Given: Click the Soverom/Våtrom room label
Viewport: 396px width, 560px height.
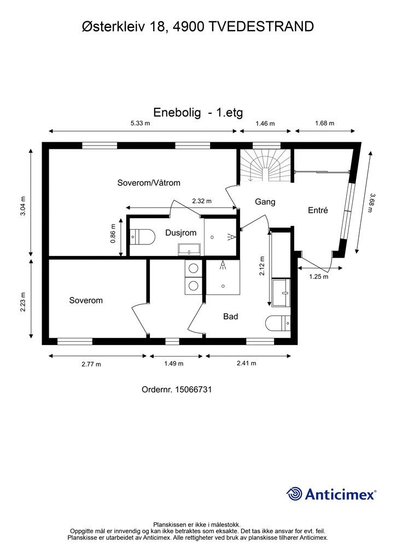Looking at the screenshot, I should (x=149, y=183).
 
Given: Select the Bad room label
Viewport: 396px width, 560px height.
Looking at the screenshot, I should (x=230, y=316).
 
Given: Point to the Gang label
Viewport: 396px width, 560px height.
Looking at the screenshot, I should (x=265, y=202).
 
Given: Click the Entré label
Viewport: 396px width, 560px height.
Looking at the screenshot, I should (x=318, y=210).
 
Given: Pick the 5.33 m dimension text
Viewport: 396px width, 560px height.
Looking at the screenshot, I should (x=140, y=124).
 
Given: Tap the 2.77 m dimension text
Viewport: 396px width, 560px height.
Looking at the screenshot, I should (x=91, y=364).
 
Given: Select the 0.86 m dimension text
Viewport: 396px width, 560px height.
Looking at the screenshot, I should (x=113, y=233).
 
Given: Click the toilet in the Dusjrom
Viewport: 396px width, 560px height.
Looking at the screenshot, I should (x=141, y=237).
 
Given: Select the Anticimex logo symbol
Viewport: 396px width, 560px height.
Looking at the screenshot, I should (x=295, y=494).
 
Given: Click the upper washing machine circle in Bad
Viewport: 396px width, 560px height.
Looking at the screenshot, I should (x=193, y=269).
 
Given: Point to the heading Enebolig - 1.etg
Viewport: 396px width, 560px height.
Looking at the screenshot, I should (x=197, y=113).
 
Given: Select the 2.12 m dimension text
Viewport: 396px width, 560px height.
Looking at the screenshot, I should (x=262, y=266).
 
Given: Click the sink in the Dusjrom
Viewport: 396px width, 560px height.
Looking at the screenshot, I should (x=189, y=249).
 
